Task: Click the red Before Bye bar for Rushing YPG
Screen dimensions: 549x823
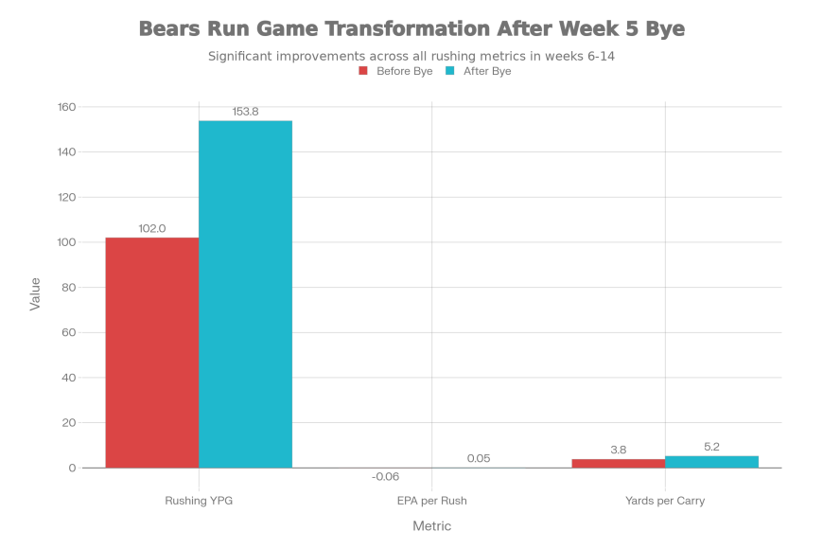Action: point(151,352)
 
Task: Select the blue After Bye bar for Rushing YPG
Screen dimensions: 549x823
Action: point(245,293)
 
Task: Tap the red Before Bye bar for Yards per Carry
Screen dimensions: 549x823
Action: point(618,463)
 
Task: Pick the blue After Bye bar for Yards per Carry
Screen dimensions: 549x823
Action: point(711,461)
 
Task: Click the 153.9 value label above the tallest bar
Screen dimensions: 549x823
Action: point(245,112)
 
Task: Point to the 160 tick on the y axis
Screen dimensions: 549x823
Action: point(66,107)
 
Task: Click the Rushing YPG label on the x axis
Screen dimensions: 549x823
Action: point(198,500)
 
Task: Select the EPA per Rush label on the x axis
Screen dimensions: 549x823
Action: point(432,500)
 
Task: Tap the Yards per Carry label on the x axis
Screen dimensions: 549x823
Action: point(665,500)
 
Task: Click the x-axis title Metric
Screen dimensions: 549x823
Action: point(432,526)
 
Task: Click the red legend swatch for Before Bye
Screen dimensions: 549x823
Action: point(363,71)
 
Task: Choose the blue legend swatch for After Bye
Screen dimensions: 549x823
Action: point(449,71)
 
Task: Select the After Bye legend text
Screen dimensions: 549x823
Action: point(486,71)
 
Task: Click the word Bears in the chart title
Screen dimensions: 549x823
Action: point(169,29)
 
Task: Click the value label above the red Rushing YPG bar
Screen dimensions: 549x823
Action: point(151,230)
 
